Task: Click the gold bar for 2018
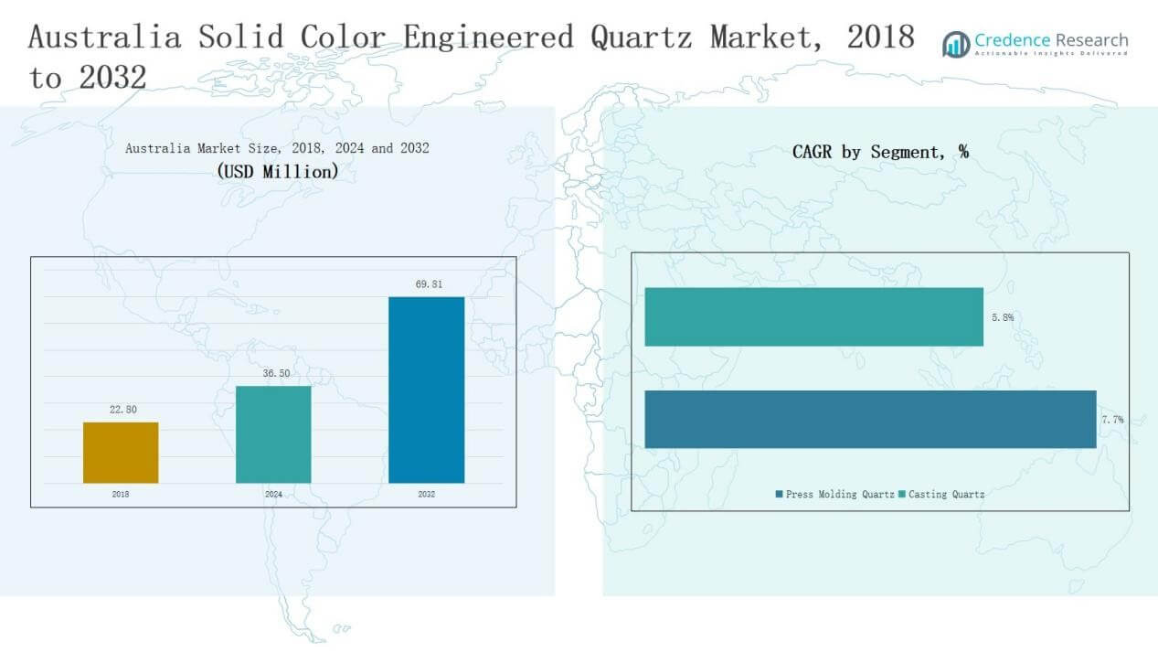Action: pyautogui.click(x=121, y=452)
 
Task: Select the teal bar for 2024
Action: pyautogui.click(x=273, y=433)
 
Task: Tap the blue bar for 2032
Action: pyautogui.click(x=426, y=390)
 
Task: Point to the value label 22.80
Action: pyautogui.click(x=122, y=410)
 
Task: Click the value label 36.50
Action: pyautogui.click(x=275, y=374)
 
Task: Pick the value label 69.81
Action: pyautogui.click(x=428, y=284)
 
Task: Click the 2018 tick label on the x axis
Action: pyautogui.click(x=121, y=494)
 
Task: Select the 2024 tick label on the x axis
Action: pyautogui.click(x=273, y=494)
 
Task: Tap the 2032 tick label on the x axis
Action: pyautogui.click(x=426, y=494)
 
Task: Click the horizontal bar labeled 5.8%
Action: pyautogui.click(x=813, y=317)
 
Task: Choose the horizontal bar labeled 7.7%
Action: pyautogui.click(x=870, y=419)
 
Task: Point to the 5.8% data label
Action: pyautogui.click(x=1002, y=318)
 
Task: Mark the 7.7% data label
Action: pyautogui.click(x=1112, y=420)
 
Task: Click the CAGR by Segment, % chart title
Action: pyautogui.click(x=880, y=153)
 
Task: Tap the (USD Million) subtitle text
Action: pyautogui.click(x=277, y=171)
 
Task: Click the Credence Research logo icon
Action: pyautogui.click(x=956, y=44)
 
